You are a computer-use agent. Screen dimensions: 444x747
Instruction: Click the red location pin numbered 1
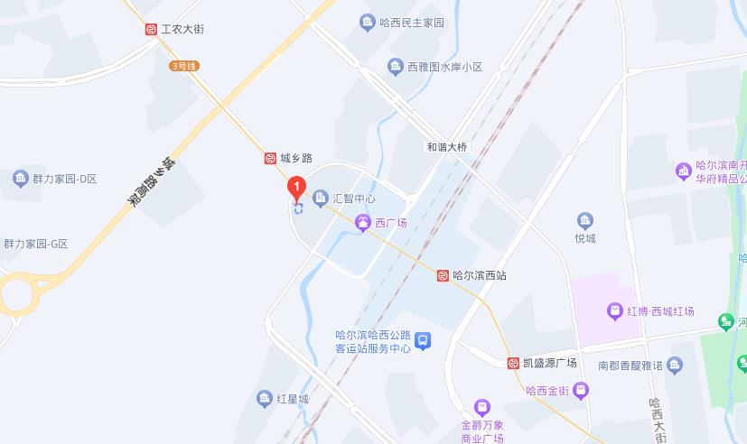pos(294,189)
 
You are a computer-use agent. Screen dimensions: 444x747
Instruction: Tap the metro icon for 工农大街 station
pos(151,29)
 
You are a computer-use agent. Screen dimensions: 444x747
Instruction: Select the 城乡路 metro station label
pos(295,158)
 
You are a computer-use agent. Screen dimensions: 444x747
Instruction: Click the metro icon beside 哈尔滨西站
pos(443,275)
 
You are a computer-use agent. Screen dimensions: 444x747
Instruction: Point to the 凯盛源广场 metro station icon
pos(513,363)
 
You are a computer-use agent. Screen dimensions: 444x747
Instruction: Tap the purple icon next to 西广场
pos(362,222)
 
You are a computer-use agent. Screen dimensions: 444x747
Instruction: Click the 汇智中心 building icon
pos(320,198)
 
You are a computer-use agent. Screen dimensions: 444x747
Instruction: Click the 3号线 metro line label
pos(182,66)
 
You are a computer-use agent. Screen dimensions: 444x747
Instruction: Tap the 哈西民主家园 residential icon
pos(367,23)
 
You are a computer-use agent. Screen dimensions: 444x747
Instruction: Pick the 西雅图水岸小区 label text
pos(445,67)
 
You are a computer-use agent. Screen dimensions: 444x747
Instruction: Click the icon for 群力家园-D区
pos(20,178)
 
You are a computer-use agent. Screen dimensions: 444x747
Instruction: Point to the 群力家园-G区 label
pos(36,244)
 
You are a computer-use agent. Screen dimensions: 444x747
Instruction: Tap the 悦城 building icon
pos(585,220)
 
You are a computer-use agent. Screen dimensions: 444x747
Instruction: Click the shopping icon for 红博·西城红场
pos(614,311)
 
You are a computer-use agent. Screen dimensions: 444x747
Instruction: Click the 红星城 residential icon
pos(264,398)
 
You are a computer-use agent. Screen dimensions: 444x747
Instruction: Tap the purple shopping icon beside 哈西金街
pos(580,390)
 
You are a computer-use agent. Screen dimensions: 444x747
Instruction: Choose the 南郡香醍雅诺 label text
pos(630,365)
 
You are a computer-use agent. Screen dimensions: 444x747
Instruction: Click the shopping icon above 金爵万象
pos(482,408)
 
